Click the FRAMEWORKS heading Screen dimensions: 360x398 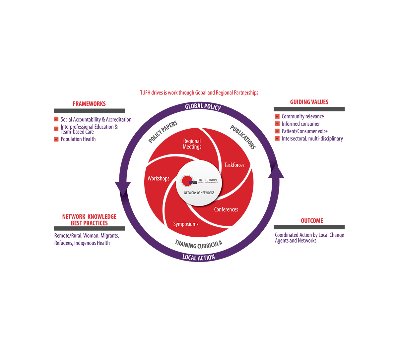point(89,104)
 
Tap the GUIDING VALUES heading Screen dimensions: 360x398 point(309,102)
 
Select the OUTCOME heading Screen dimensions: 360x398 point(312,221)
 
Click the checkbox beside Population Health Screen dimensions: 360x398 point(56,139)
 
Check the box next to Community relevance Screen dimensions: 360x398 point(277,116)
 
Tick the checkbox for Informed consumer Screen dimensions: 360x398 point(277,124)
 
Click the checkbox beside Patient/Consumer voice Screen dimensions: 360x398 point(277,131)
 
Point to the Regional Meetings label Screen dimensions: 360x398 point(192,144)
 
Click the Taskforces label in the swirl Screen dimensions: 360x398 point(234,165)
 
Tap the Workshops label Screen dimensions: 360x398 point(158,178)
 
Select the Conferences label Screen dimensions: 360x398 point(226,210)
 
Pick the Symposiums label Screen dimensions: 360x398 point(186,224)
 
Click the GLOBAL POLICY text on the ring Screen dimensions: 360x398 point(203,106)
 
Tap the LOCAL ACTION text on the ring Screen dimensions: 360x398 point(199,257)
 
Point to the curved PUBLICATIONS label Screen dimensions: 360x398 point(243,137)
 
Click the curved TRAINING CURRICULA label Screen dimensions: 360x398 point(198,245)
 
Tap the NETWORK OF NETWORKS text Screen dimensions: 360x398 point(199,193)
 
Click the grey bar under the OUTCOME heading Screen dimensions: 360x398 point(309,227)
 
